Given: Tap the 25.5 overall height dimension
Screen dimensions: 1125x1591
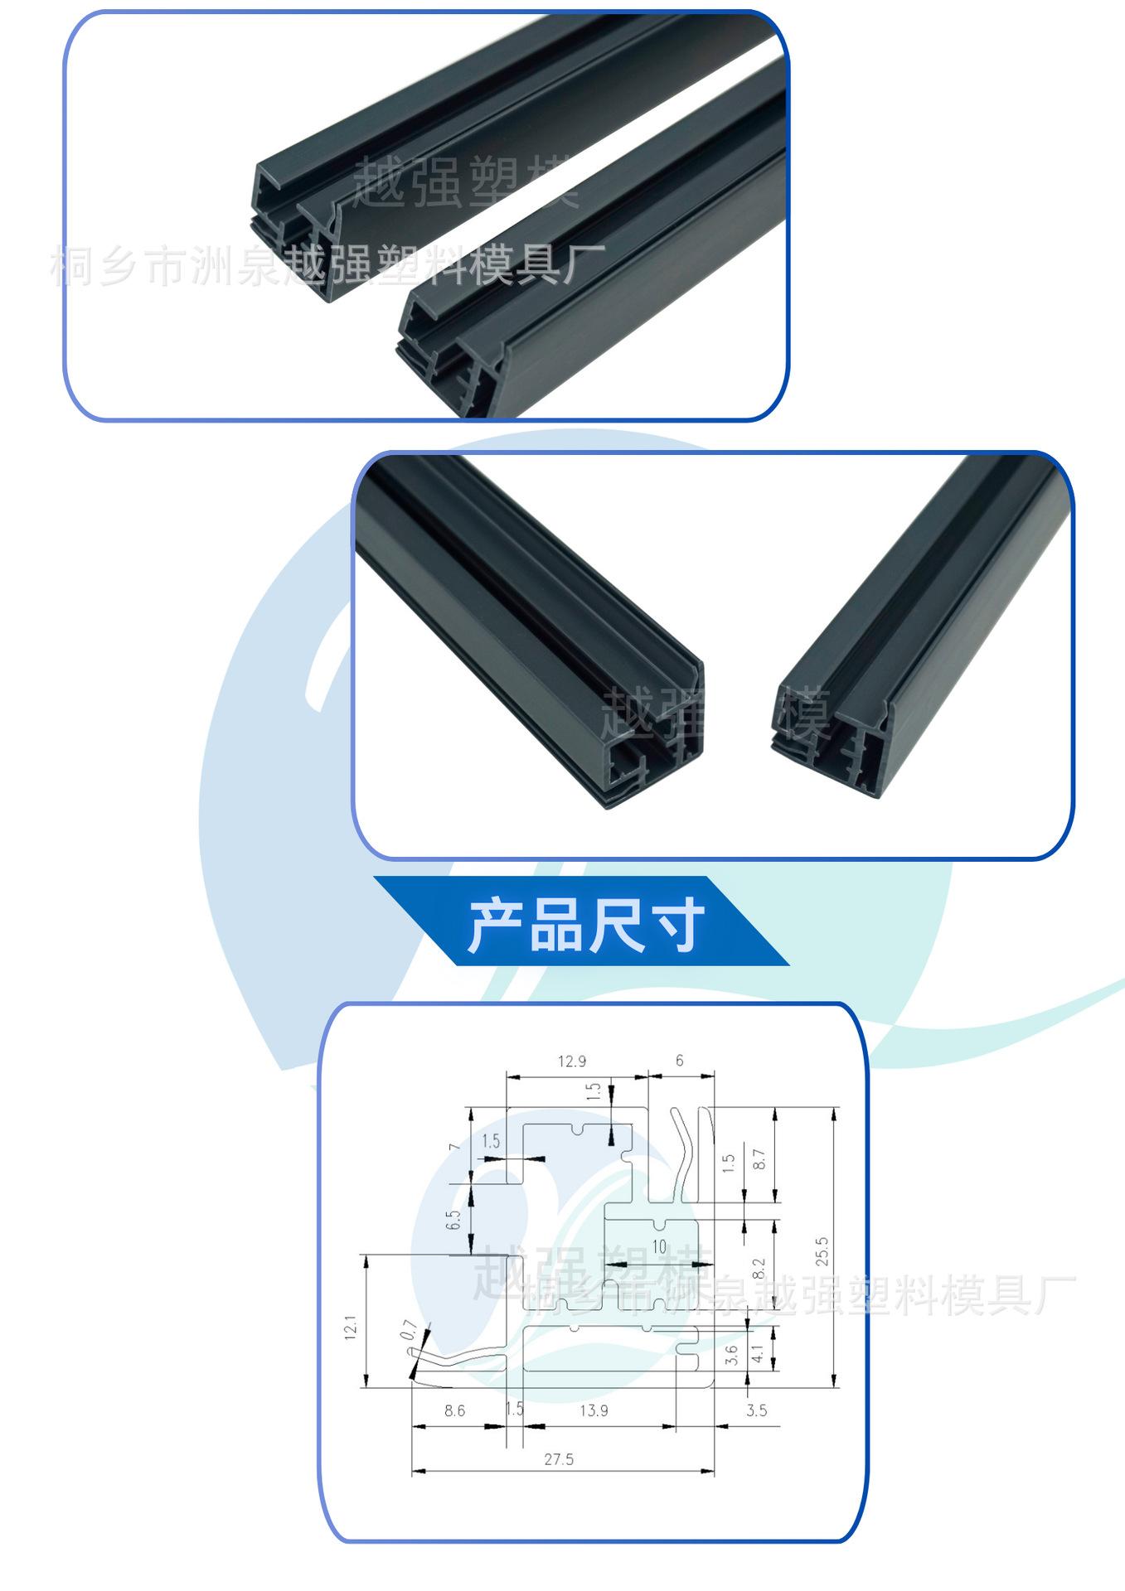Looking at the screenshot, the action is (x=822, y=1252).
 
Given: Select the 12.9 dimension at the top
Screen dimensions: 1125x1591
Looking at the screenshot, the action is (x=572, y=1061).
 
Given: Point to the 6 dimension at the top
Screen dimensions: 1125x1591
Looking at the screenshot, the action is (x=680, y=1060).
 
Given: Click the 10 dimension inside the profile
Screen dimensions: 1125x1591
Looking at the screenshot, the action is (x=659, y=1246).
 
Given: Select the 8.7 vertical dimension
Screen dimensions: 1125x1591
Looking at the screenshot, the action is (x=759, y=1158).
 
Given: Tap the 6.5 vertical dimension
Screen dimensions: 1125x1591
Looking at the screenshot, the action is (x=453, y=1220).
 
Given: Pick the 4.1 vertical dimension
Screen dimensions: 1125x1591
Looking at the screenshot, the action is (x=756, y=1356).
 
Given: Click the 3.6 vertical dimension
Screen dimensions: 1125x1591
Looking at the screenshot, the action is (x=730, y=1356).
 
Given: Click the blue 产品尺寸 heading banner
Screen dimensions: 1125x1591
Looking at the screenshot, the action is (x=580, y=921).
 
